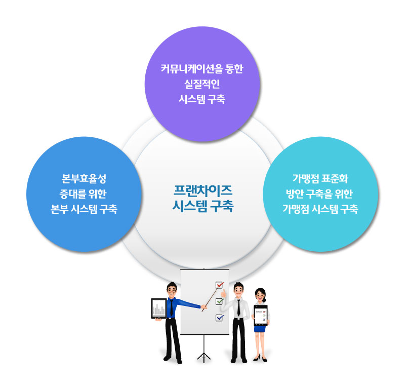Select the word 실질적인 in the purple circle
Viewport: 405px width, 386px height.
point(202,84)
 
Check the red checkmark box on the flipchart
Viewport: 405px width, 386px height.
point(220,285)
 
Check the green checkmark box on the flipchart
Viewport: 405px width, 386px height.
point(220,301)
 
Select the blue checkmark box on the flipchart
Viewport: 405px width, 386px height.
point(220,318)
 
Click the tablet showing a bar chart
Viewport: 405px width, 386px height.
point(159,308)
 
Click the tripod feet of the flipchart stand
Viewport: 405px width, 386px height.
point(204,357)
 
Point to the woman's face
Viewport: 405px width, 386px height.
point(260,294)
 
